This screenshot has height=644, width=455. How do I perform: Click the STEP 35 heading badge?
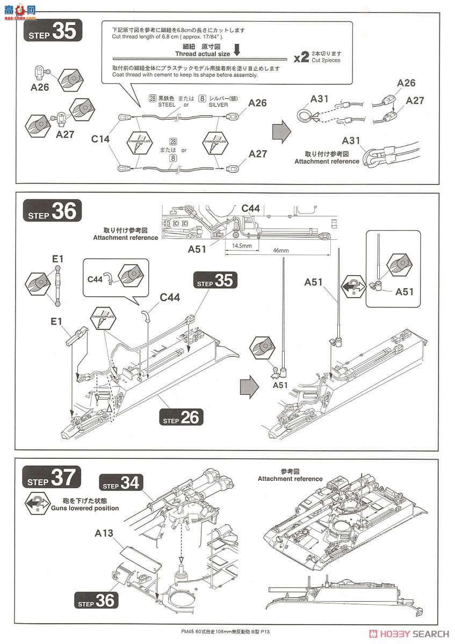click(52, 32)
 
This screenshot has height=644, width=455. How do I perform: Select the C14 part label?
click(100, 139)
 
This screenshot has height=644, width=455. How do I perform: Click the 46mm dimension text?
click(280, 250)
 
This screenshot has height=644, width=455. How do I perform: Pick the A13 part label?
click(105, 533)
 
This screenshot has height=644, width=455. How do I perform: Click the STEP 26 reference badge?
click(180, 417)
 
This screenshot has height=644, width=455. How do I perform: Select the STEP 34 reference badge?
click(121, 482)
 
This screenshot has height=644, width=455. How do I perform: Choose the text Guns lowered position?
click(84, 508)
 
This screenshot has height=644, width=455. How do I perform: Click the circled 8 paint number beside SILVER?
click(203, 98)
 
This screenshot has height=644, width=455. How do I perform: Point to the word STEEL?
click(167, 105)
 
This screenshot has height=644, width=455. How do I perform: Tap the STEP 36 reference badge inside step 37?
click(97, 600)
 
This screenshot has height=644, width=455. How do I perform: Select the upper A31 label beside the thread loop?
click(319, 99)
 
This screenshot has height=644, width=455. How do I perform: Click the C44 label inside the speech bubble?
click(96, 279)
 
